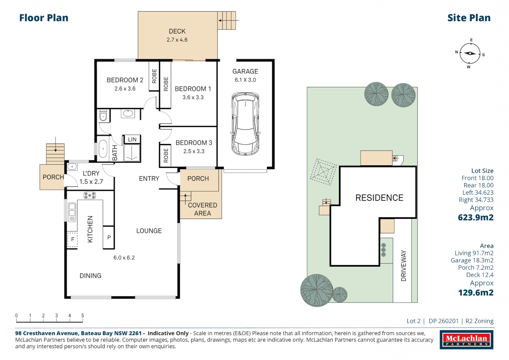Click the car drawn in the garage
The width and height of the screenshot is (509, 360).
tap(245, 124)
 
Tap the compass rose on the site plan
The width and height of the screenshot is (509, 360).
tap(470, 53)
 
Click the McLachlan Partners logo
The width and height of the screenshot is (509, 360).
tap(466, 340)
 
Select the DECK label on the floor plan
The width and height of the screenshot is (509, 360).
tap(177, 31)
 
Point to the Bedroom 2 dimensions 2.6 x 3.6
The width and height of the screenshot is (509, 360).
tap(125, 89)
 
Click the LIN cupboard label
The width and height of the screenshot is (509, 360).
tap(132, 139)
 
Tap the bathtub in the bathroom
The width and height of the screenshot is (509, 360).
tap(103, 149)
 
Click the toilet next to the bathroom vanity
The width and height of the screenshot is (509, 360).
tap(103, 116)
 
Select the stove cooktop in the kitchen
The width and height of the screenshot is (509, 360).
tap(90, 195)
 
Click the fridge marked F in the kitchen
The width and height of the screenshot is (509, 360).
tap(72, 239)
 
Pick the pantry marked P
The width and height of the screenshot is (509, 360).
tap(109, 237)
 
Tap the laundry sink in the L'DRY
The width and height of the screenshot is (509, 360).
tap(72, 166)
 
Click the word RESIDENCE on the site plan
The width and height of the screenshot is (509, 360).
tap(379, 198)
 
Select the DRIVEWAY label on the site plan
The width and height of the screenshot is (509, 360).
tap(404, 266)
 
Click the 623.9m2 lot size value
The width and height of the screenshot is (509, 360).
tap(476, 218)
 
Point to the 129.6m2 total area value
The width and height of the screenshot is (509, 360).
tap(476, 293)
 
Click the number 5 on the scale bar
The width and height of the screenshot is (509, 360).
tap(83, 315)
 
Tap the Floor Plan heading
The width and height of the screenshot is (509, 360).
tap(44, 18)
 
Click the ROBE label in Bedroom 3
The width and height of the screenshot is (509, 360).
tap(166, 156)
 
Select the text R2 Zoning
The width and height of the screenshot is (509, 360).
tap(479, 321)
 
